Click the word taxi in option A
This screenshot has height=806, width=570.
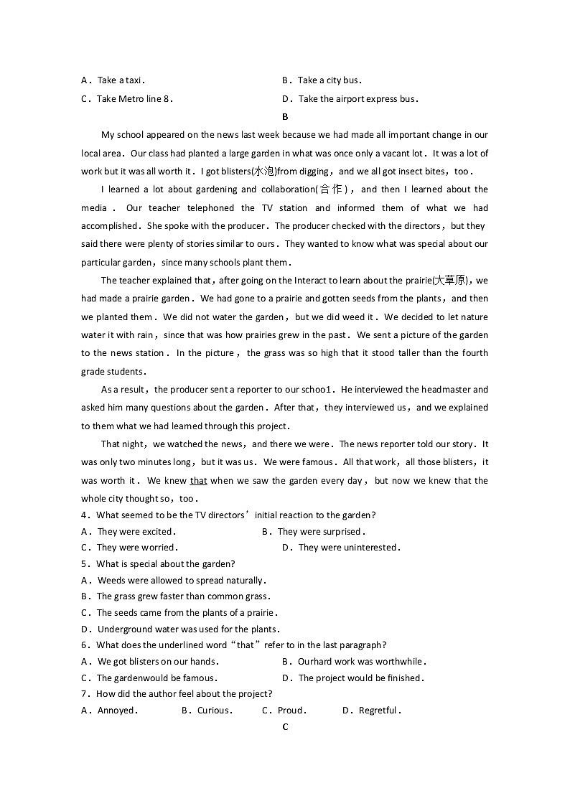click(134, 80)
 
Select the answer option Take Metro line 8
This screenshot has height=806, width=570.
click(134, 99)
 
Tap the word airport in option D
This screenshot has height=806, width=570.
click(346, 99)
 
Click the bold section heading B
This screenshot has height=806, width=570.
click(285, 117)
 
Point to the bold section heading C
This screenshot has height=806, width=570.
click(285, 727)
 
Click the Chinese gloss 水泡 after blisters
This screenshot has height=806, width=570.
click(263, 172)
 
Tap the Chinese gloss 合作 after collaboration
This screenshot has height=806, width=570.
click(332, 189)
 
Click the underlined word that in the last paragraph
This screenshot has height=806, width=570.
click(198, 481)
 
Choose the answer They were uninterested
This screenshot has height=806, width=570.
click(348, 548)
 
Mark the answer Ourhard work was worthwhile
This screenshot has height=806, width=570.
click(361, 662)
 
